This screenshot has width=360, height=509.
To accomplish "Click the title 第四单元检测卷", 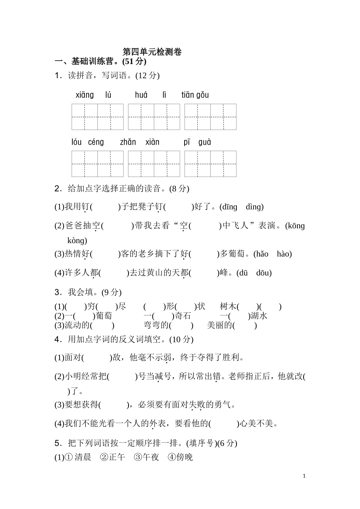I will tap(152, 52).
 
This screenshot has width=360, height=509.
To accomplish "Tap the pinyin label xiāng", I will tap(85, 95).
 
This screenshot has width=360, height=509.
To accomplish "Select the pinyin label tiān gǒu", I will tap(195, 95).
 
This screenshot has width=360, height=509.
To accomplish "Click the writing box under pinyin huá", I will tap(141, 117).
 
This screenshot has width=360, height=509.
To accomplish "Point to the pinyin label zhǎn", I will tap(128, 142).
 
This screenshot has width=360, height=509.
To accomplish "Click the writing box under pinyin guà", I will tap(223, 164).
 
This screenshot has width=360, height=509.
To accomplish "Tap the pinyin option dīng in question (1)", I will tap(229, 207).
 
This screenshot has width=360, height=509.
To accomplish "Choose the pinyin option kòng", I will tap(77, 240).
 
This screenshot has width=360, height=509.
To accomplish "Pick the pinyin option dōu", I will tap(264, 273).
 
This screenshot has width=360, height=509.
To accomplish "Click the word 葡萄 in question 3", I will tap(104, 316).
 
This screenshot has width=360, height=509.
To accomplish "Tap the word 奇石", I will tap(183, 316).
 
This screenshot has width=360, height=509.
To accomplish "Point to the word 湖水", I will tap(259, 316).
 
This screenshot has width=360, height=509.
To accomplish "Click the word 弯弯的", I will tap(156, 325).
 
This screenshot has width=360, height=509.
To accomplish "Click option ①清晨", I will tap(79, 457).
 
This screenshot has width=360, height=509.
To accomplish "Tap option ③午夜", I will tap(147, 457).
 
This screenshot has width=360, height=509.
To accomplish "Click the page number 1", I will tap(304, 476).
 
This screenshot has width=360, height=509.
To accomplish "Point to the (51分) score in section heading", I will tap(134, 61).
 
